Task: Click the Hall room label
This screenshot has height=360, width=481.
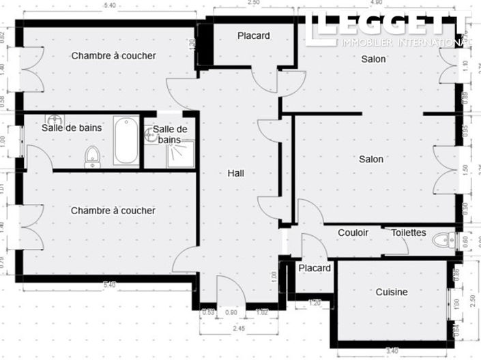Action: pyautogui.click(x=235, y=173)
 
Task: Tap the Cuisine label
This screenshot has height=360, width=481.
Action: pyautogui.click(x=392, y=292)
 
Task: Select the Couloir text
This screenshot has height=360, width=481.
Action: pyautogui.click(x=353, y=232)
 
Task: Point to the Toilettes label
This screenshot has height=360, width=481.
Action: pyautogui.click(x=409, y=232)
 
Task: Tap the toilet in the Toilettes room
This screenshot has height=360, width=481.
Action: pyautogui.click(x=446, y=240)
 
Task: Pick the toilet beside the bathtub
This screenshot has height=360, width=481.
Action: pyautogui.click(x=92, y=157)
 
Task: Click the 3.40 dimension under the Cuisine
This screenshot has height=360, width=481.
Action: pyautogui.click(x=392, y=351)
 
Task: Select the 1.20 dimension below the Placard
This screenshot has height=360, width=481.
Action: pyautogui.click(x=315, y=301)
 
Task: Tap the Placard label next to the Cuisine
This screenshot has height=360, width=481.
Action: pyautogui.click(x=315, y=268)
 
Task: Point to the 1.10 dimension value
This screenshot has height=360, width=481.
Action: pyautogui.click(x=465, y=66)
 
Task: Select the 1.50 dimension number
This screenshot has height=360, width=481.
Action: pyautogui.click(x=465, y=169)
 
